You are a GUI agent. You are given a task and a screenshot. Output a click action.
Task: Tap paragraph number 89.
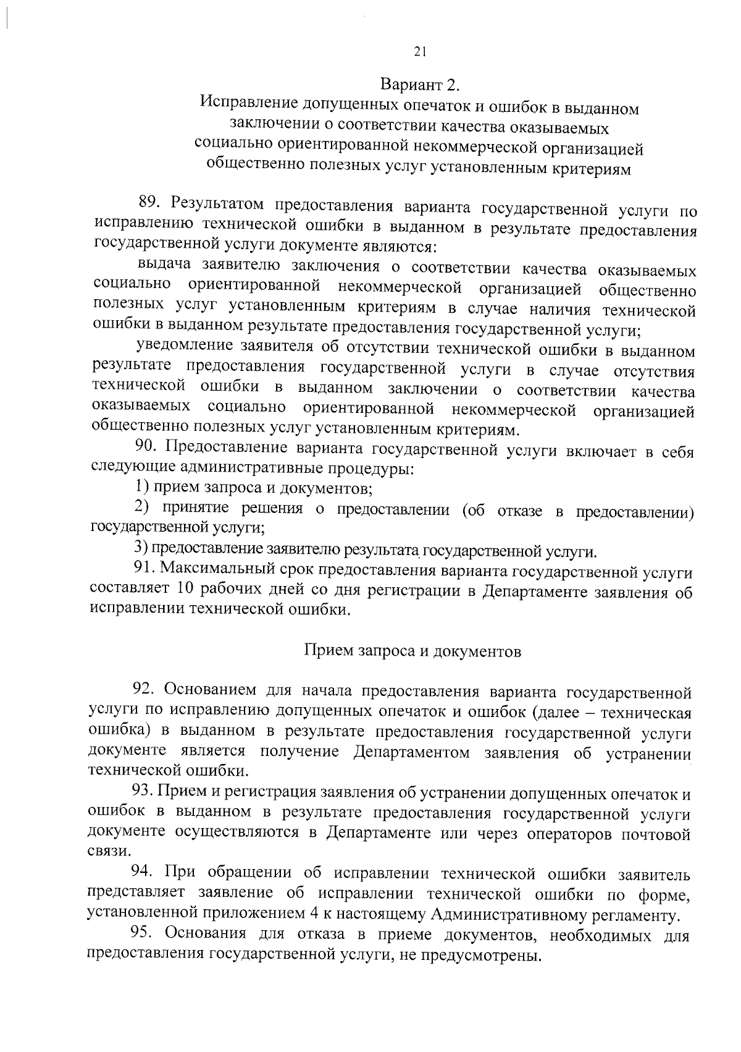(x=149, y=203)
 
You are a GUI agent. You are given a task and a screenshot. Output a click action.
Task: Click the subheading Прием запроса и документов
(x=412, y=651)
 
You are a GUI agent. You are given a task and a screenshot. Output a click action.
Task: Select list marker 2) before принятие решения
(x=143, y=507)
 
